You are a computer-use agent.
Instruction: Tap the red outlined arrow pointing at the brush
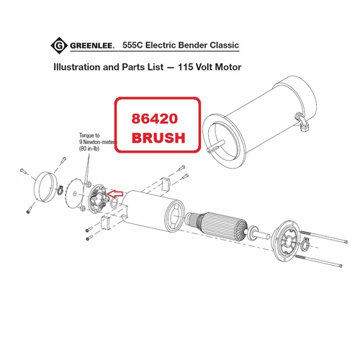[115, 192]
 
